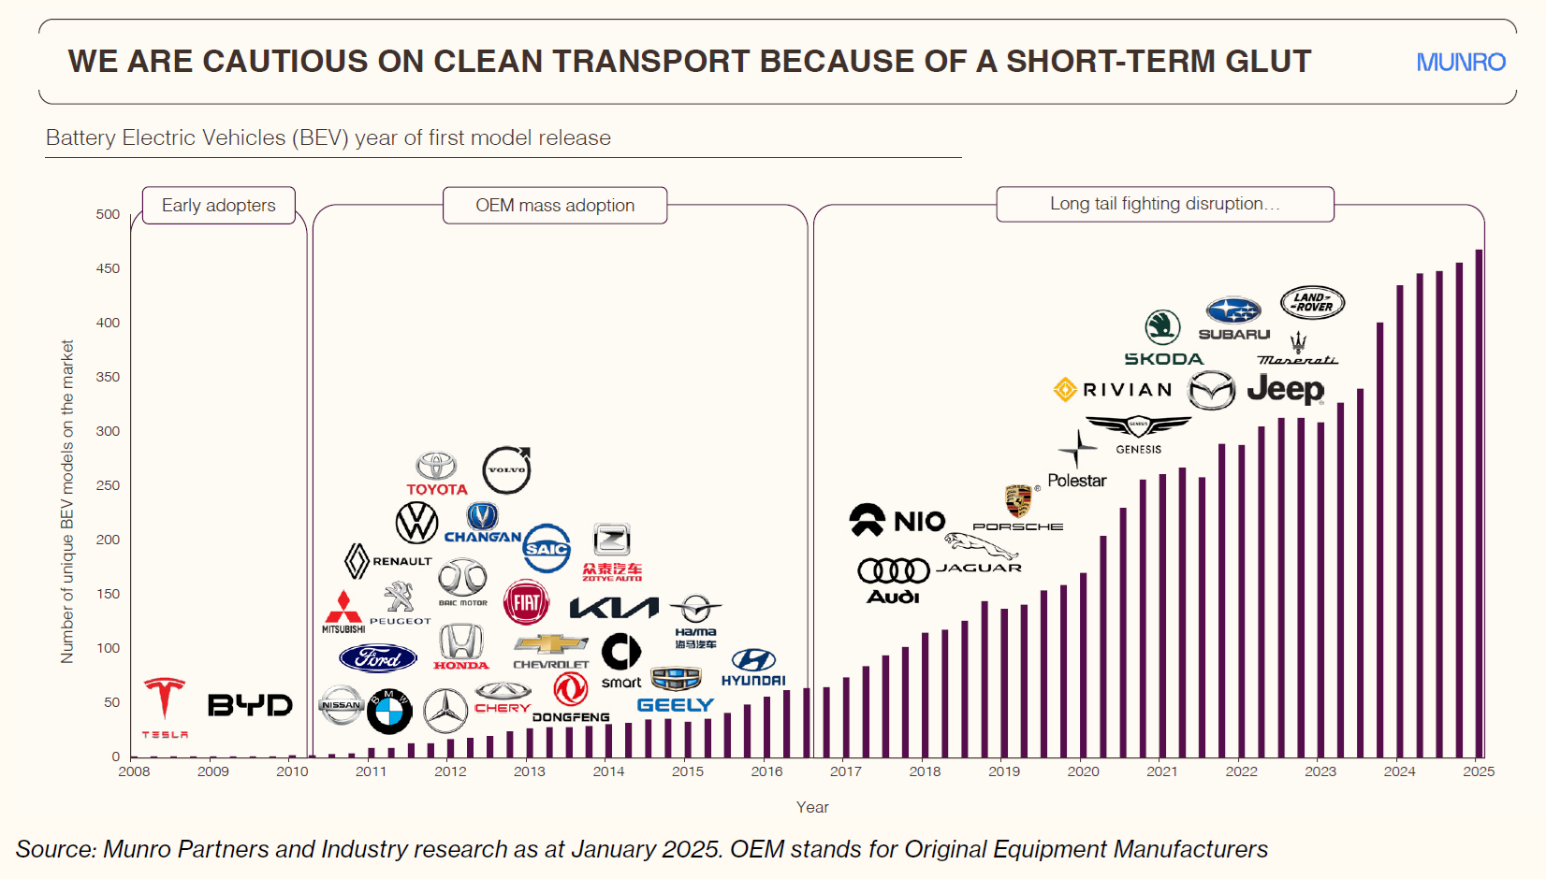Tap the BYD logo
[250, 705]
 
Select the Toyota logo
[436, 473]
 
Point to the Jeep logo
[1285, 389]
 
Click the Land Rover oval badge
[1312, 303]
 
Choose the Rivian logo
[1113, 390]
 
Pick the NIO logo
[897, 520]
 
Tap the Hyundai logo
[753, 667]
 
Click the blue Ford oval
[377, 658]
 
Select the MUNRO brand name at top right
[1460, 63]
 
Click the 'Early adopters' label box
[219, 206]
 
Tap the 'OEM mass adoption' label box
[555, 206]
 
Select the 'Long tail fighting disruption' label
[1164, 204]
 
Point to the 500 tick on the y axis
[108, 214]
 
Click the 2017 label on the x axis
[845, 771]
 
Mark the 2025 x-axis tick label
[1479, 771]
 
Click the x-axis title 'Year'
[812, 807]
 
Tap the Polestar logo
[1077, 463]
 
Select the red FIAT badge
[526, 602]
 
